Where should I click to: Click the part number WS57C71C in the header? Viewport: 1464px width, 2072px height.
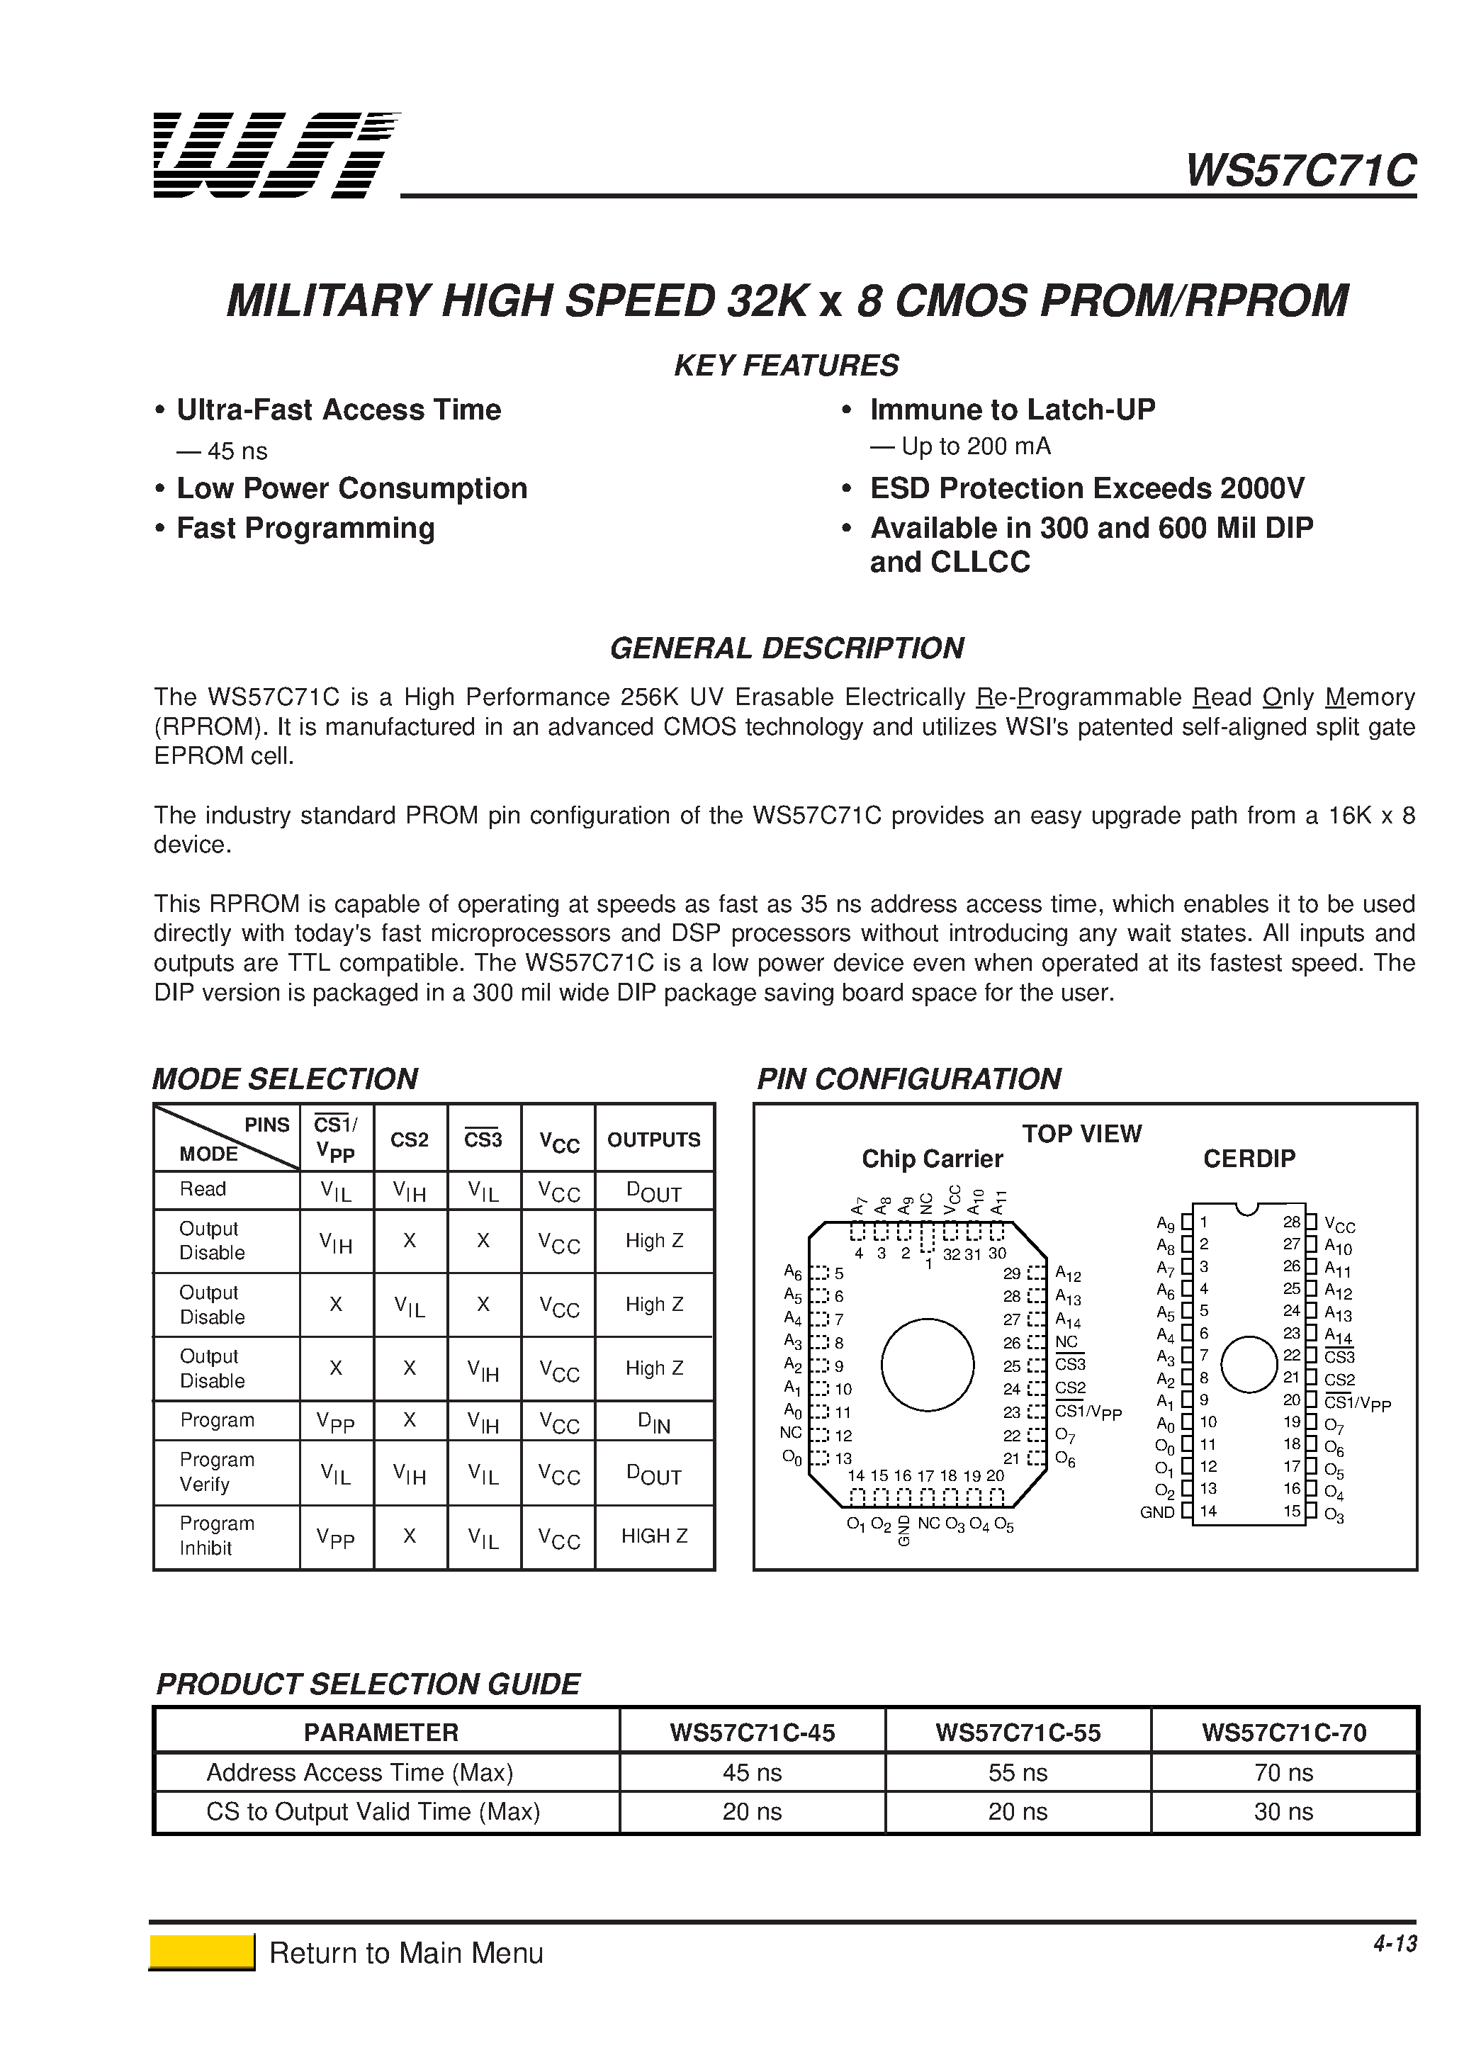(x=1300, y=169)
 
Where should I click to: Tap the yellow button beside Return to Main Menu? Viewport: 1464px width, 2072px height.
(x=201, y=1952)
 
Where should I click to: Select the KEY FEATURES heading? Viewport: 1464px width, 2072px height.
(x=786, y=366)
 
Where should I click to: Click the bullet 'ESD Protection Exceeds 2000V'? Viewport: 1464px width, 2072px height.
(x=1087, y=488)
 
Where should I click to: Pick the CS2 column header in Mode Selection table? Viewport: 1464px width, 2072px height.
(x=409, y=1139)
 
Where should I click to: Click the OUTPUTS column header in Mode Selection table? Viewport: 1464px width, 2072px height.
(x=653, y=1139)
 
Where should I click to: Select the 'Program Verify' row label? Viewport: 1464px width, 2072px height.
(x=217, y=1472)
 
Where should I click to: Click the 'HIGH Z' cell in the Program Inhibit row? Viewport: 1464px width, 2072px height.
(x=653, y=1536)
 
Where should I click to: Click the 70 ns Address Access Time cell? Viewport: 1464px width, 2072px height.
(x=1283, y=1772)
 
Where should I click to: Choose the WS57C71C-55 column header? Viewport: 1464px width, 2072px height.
(x=1018, y=1733)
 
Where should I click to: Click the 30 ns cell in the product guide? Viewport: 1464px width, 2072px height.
(x=1283, y=1811)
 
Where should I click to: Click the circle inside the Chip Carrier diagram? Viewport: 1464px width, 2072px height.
(x=927, y=1366)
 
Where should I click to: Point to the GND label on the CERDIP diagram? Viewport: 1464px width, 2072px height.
(x=1157, y=1512)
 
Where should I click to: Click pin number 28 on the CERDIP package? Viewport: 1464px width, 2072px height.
(x=1292, y=1222)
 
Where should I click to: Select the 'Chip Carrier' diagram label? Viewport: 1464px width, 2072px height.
(x=931, y=1159)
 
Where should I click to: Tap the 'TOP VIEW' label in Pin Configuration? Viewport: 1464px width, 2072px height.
(x=1081, y=1134)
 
